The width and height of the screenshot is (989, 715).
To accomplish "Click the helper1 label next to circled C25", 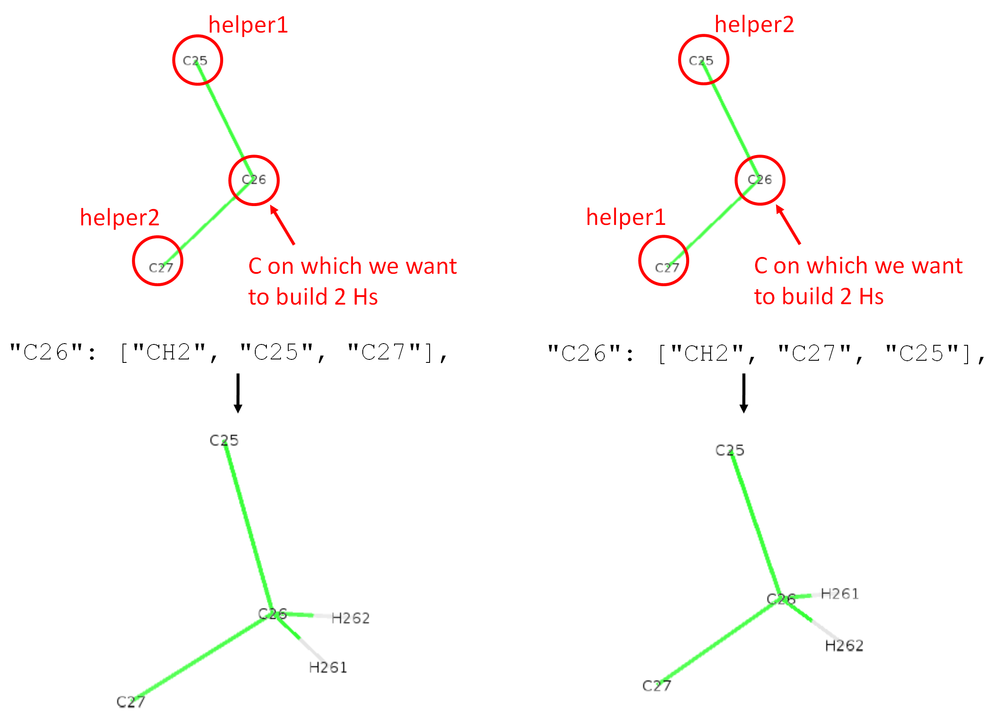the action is [248, 25].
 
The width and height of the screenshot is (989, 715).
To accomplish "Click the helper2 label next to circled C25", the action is [754, 24].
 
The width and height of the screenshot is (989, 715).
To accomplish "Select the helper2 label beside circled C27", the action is [120, 217].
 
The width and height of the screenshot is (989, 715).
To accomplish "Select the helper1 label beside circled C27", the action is [626, 217].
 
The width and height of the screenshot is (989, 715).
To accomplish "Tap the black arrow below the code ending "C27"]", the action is [238, 393].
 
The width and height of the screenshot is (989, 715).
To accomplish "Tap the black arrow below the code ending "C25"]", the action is [744, 393].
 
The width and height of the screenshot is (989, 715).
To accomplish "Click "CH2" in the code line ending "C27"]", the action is [169, 353].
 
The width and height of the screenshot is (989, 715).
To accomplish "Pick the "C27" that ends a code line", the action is [384, 353].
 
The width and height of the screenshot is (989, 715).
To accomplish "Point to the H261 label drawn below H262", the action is [328, 667].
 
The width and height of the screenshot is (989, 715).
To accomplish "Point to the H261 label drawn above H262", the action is [840, 594].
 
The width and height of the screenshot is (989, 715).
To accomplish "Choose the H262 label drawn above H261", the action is [351, 618].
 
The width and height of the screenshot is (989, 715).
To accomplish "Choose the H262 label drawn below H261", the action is [844, 646].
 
